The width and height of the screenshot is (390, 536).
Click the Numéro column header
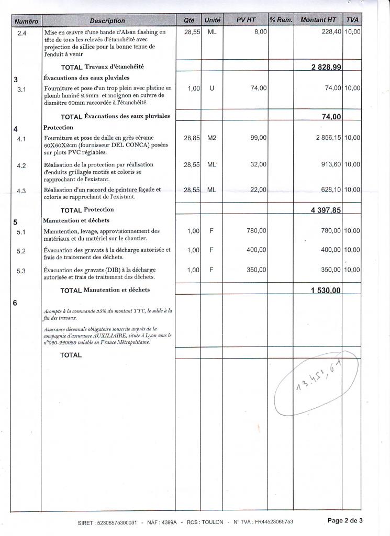click(x=26, y=20)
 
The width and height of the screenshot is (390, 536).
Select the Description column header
click(x=107, y=20)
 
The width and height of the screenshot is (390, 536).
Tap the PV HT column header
click(x=246, y=20)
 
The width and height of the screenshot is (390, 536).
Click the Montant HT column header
click(x=318, y=20)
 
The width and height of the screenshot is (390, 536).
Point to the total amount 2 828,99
click(x=327, y=68)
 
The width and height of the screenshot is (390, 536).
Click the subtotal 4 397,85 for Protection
click(x=327, y=210)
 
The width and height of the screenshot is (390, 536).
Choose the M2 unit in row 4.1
click(x=211, y=138)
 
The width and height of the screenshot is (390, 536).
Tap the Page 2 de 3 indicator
click(x=345, y=520)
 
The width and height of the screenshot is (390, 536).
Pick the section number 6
click(x=15, y=303)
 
